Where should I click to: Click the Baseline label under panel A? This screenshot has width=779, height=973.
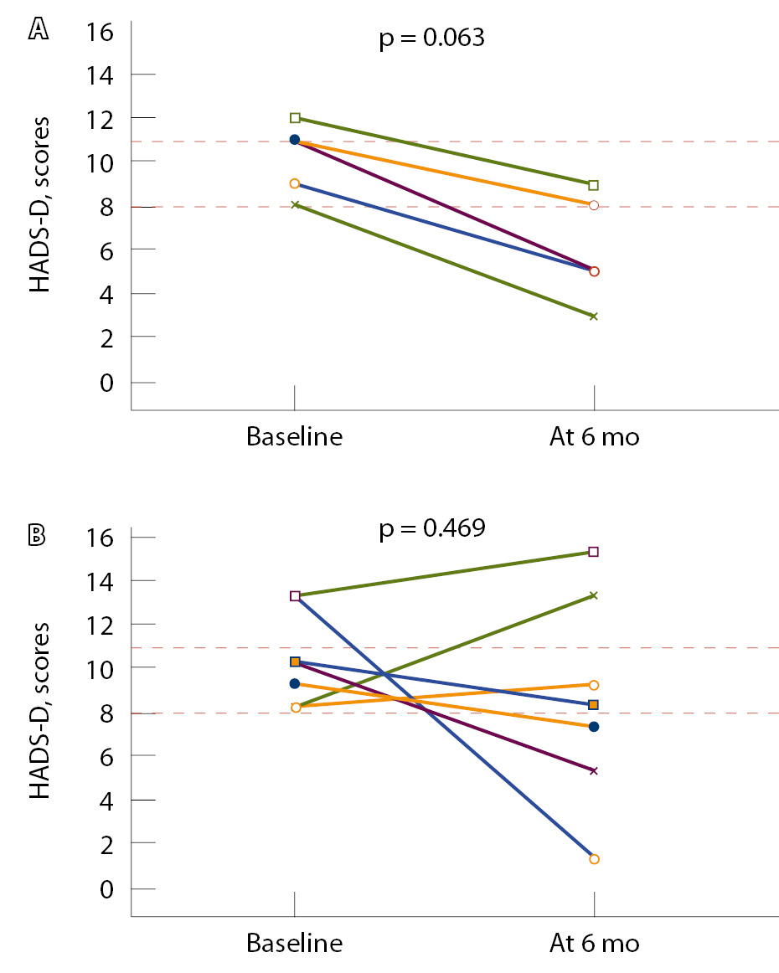click(x=294, y=437)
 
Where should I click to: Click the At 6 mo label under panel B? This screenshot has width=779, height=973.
click(x=594, y=944)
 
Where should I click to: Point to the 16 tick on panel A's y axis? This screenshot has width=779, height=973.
click(x=102, y=31)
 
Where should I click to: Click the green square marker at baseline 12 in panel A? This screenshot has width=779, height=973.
click(x=294, y=118)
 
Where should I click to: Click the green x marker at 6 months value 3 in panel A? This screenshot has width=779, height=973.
click(x=594, y=317)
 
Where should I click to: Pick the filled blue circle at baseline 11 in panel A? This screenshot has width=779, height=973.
click(x=294, y=140)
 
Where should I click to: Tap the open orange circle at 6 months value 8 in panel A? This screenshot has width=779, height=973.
click(x=594, y=204)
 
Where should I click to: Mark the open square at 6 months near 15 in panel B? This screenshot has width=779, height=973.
click(x=594, y=552)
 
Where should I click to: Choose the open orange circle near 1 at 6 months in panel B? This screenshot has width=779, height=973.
click(x=594, y=859)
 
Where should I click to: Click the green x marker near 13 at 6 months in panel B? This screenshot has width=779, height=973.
click(x=594, y=595)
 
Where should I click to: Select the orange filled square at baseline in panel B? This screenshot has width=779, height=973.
click(x=294, y=662)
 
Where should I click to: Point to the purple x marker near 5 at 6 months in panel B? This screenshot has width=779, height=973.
click(x=594, y=770)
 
